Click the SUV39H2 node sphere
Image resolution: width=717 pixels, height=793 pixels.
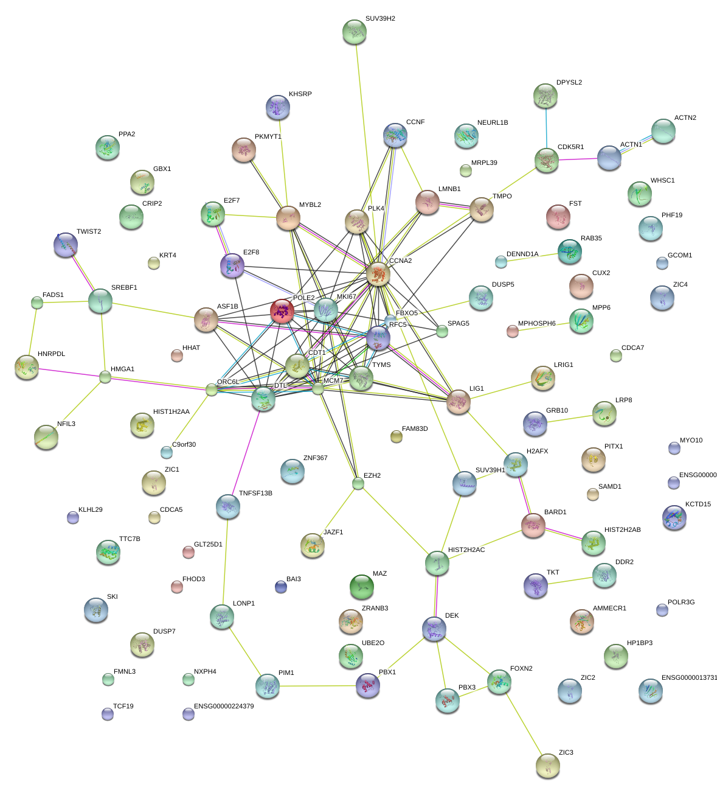point(354,32)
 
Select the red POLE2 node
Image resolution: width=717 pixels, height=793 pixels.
point(282,311)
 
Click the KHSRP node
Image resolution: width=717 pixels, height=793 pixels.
point(278,107)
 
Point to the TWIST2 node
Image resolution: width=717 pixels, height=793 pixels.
point(66,245)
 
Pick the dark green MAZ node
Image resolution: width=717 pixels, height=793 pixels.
point(362,587)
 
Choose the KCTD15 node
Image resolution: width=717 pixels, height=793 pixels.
point(674,517)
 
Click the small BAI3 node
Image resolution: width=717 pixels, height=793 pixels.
point(280,587)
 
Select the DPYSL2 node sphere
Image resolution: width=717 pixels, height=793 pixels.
point(546,96)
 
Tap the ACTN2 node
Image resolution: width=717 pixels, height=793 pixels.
point(663,131)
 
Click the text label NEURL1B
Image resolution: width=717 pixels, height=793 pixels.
point(493,123)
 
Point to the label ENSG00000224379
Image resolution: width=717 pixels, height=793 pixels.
point(224,707)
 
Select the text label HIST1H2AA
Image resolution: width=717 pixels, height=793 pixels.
point(171,412)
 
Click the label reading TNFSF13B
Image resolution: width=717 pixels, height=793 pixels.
point(255,494)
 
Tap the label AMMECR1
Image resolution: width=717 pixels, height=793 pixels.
point(609,609)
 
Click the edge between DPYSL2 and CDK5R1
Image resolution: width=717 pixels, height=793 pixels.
point(546,128)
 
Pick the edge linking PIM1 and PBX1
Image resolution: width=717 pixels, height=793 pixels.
point(317,686)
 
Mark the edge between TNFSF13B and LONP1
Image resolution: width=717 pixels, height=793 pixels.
point(225,561)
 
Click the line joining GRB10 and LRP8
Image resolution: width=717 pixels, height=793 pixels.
point(570,419)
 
